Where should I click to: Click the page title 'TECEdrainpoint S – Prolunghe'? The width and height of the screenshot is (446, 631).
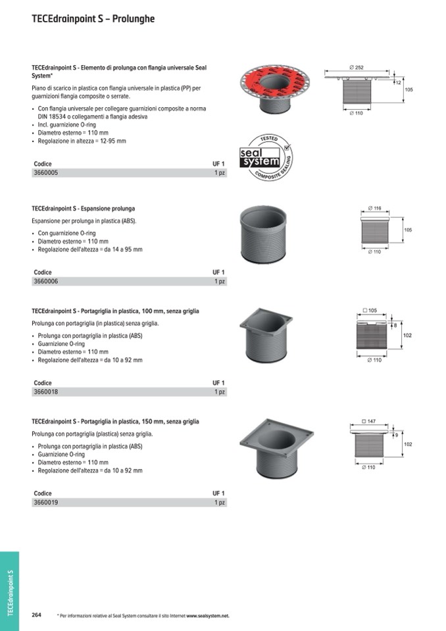(93, 19)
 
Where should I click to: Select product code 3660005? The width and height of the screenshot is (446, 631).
(45, 172)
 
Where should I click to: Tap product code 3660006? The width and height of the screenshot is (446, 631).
(45, 282)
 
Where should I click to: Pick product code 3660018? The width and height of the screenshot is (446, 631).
(45, 392)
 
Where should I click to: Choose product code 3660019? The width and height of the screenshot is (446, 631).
(45, 503)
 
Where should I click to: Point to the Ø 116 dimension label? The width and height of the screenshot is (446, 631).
(374, 209)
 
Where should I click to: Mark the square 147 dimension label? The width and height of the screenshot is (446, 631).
(369, 420)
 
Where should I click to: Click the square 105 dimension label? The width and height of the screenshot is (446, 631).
(370, 310)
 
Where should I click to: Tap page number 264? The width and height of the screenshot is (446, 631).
(37, 615)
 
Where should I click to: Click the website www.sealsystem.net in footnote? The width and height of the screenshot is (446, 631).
(207, 616)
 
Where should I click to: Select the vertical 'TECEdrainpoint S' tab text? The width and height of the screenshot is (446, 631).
(10, 592)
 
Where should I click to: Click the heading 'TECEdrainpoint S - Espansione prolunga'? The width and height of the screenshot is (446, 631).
(83, 209)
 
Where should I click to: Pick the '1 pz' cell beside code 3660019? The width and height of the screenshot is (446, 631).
(220, 503)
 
